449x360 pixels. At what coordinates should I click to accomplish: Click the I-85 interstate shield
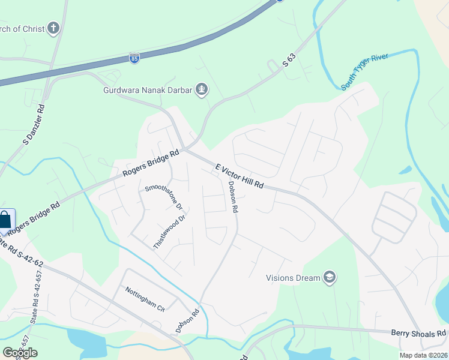[134, 58]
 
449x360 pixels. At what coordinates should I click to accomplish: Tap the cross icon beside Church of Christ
[54, 28]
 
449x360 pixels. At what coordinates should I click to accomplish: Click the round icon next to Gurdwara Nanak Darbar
[202, 90]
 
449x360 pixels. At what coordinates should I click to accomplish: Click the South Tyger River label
[364, 72]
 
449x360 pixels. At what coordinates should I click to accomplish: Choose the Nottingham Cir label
[145, 298]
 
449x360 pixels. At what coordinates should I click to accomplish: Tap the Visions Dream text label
[293, 277]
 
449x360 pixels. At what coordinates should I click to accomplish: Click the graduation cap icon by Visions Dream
[329, 277]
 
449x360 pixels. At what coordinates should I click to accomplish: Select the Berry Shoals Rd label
[418, 333]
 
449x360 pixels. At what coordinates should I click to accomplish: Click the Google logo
[20, 352]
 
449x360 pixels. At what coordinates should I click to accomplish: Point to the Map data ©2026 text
[423, 355]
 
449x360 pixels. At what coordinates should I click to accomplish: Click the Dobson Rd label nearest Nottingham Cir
[187, 321]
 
